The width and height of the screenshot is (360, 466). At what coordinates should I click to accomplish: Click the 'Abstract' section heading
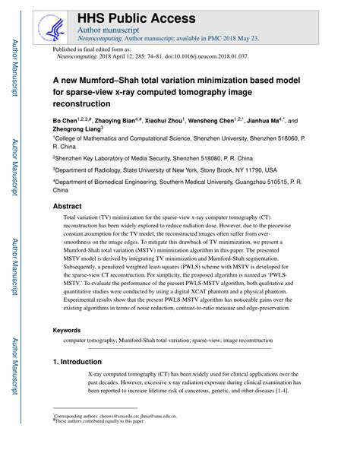pyautogui.click(x=68, y=207)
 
